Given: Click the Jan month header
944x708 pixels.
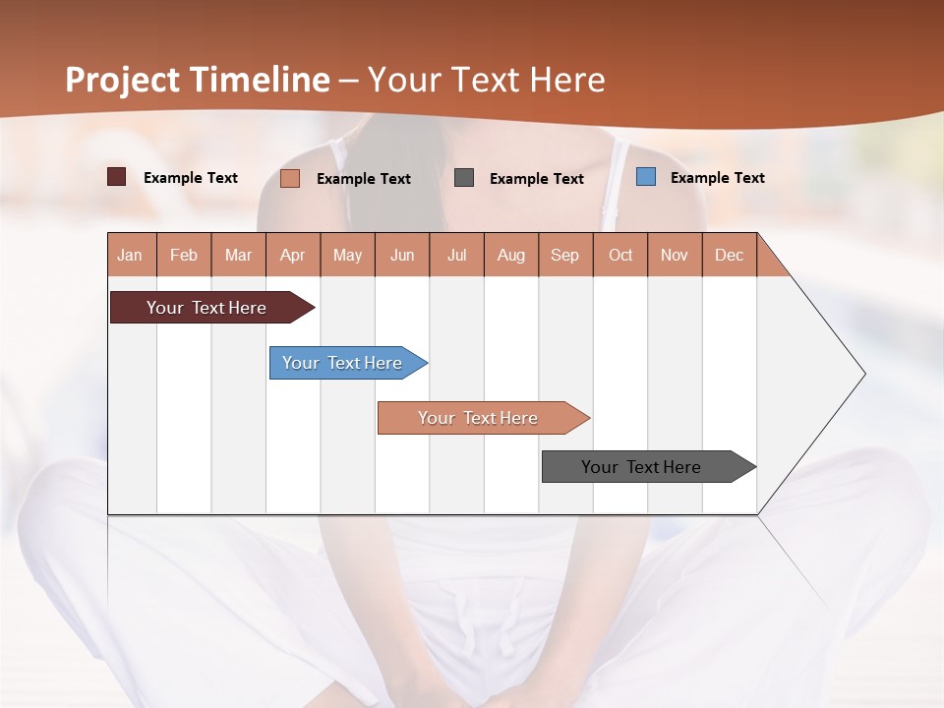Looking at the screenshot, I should click(x=131, y=255).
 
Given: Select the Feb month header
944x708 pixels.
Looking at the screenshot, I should click(x=184, y=255).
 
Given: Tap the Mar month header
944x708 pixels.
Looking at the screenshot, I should click(x=238, y=255).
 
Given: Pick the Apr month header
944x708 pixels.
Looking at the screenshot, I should click(x=293, y=255).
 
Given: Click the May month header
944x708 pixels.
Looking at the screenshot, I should click(x=347, y=255).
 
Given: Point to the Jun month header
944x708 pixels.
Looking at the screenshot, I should click(x=402, y=255).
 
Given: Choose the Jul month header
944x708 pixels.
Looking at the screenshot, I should click(x=456, y=255).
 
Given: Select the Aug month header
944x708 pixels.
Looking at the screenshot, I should click(x=511, y=255).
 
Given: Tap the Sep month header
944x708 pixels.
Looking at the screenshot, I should click(x=565, y=255).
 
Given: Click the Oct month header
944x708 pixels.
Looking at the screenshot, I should click(x=620, y=255).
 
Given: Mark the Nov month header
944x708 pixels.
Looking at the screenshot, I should click(x=675, y=255).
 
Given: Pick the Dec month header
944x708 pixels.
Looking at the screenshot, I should click(x=730, y=255).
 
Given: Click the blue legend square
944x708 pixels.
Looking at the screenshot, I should click(x=646, y=177).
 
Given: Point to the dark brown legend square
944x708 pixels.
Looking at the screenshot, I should click(x=117, y=177).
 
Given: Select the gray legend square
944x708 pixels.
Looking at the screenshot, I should click(x=464, y=178).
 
